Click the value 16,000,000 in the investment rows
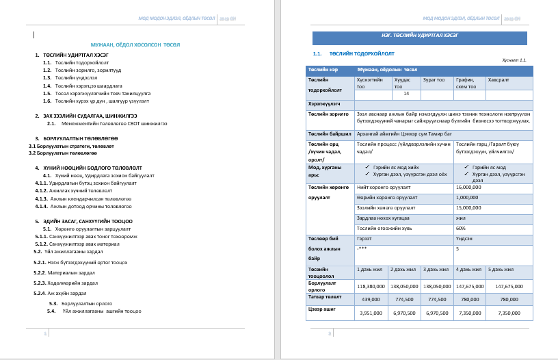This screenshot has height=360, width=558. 468,187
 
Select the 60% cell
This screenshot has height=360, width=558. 461,228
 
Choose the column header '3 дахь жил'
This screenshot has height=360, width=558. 436,270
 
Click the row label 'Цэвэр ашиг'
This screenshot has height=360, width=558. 319,309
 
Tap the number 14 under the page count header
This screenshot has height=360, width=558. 406,93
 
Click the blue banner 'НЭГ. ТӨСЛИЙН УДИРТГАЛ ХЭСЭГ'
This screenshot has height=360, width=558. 420,38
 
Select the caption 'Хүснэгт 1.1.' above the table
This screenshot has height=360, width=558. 514,60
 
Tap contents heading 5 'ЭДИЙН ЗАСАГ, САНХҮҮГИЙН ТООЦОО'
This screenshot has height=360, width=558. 92,221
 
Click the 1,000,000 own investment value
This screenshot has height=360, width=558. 467,197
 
